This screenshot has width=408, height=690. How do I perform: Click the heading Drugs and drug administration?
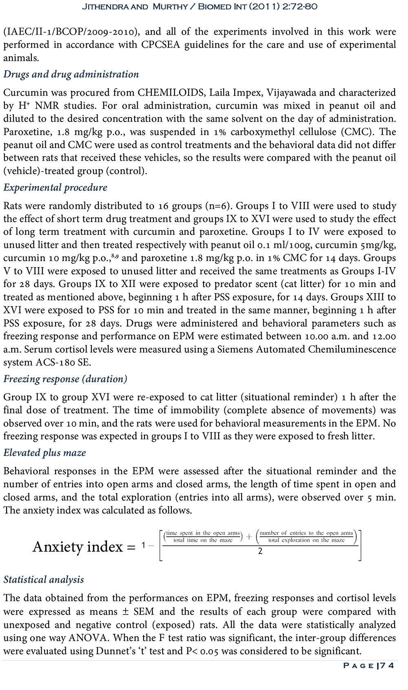pos(71,74)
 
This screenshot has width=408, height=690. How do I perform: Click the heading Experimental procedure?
pos(55,188)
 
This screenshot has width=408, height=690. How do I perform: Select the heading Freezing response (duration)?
pos(65,379)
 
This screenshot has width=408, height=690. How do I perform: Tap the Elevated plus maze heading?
pos(44,453)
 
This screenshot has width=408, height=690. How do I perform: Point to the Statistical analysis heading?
pos(44,579)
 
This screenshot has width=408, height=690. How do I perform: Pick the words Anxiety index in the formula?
pos(78,546)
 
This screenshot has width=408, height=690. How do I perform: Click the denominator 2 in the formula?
pos(260,551)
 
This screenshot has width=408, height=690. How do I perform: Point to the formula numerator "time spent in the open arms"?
pos(203,533)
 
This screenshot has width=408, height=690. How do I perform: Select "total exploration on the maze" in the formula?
pos(306,540)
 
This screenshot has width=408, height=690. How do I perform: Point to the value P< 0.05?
pos(202,651)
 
